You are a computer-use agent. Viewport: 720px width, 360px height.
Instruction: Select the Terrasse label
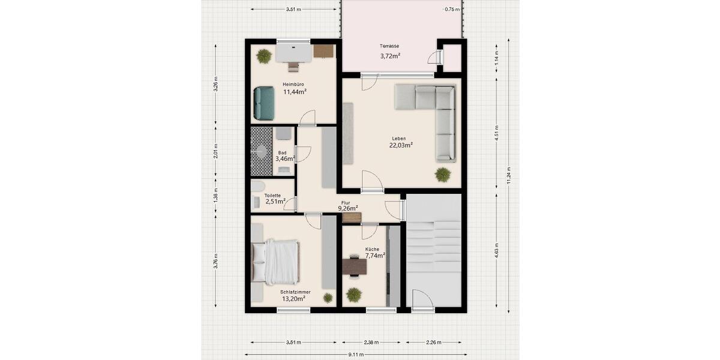(389, 46)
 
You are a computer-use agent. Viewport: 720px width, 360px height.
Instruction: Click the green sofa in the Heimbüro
(264, 103)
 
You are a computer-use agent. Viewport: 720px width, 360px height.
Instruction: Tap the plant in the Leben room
(443, 175)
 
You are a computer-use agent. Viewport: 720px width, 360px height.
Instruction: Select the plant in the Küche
(354, 295)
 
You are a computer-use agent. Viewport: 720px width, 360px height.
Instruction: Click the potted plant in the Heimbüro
(263, 56)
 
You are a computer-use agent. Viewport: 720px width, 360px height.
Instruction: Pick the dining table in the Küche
(354, 266)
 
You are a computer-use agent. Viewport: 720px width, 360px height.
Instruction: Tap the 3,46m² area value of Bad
(285, 159)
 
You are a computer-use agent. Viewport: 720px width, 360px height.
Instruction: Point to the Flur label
(346, 203)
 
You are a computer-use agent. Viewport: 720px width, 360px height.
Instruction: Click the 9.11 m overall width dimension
(356, 355)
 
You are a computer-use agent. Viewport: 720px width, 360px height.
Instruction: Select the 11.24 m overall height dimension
(509, 175)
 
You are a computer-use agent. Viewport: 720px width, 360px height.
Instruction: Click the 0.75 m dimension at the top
(452, 10)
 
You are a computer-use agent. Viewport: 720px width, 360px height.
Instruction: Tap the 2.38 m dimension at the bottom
(373, 343)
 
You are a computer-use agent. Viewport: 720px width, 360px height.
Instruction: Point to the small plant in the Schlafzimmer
(328, 297)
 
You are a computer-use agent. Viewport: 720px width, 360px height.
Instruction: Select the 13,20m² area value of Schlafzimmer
(294, 298)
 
